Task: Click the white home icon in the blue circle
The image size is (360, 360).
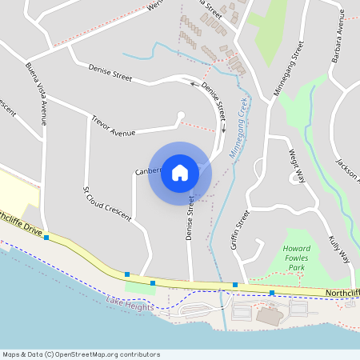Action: click(x=180, y=172)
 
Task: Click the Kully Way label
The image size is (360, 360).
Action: click(x=340, y=250)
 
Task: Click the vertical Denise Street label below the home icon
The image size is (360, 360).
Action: click(x=190, y=218)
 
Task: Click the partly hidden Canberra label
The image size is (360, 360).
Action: click(x=147, y=171)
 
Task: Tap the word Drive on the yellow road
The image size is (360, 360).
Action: click(x=32, y=230)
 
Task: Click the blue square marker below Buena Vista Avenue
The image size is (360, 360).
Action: click(x=46, y=238)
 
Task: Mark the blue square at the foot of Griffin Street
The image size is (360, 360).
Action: click(x=235, y=285)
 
